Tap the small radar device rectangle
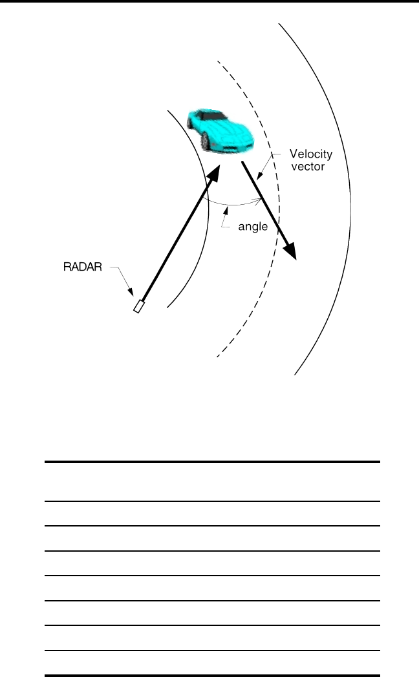tap(138, 306)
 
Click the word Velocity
tap(311, 154)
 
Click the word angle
tap(253, 227)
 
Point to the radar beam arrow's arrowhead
tap(214, 171)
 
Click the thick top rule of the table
tap(211, 462)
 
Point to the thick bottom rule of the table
tap(211, 675)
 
